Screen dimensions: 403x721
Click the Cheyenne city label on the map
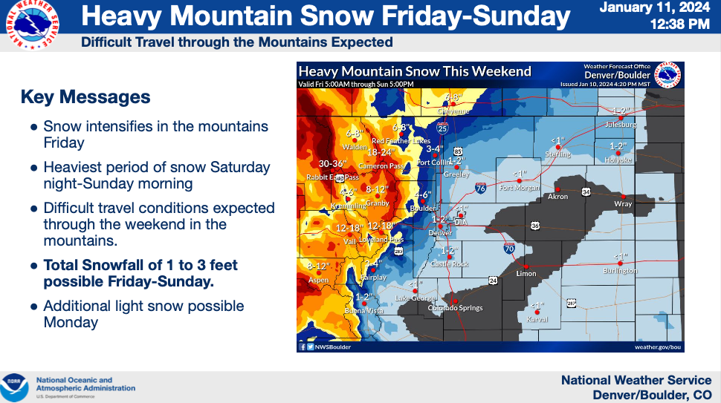pos(453,111)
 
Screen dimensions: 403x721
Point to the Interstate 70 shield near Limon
pos(509,247)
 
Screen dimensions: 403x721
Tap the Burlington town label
pos(620,271)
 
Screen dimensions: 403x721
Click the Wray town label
pos(623,203)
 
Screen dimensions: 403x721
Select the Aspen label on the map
pos(318,280)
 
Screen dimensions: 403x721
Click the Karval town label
pos(537,319)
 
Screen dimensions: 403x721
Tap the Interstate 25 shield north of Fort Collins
pos(442,129)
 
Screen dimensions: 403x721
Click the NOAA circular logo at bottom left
pos(15,387)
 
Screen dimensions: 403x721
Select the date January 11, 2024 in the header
pos(654,8)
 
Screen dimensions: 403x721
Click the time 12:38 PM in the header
pos(679,24)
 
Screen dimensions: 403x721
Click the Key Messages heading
pos(85,97)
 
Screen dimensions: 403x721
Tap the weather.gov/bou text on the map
pos(658,347)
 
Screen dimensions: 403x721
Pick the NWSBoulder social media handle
pos(330,347)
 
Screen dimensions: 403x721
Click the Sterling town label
pos(558,154)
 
